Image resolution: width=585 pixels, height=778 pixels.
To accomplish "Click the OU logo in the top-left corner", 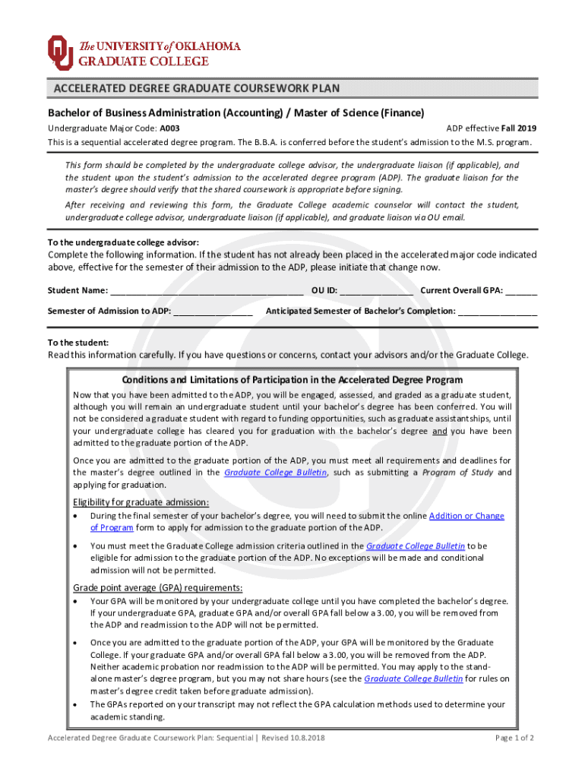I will coord(60,52).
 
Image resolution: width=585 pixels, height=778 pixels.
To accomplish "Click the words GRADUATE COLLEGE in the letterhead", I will coord(144,61).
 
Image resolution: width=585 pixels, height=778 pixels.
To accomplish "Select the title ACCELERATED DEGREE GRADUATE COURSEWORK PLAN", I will coord(196,89).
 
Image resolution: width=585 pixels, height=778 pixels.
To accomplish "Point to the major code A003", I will coord(170,128).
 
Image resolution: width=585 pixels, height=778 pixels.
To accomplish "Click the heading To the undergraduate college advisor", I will coord(124,243).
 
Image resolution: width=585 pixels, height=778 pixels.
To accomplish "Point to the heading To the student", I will coord(78,343).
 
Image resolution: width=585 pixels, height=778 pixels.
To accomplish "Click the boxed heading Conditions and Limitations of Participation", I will coord(292,380).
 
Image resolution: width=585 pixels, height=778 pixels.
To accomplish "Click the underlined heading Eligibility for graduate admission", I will coord(141,502).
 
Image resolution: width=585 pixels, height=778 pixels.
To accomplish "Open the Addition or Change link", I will coord(466,516).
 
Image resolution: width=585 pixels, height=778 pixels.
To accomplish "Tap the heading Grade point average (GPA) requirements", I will coord(157,587).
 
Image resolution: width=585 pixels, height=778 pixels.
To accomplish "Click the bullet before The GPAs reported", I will coord(75,704).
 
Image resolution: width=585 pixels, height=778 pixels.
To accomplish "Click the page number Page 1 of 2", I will coord(514,738).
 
